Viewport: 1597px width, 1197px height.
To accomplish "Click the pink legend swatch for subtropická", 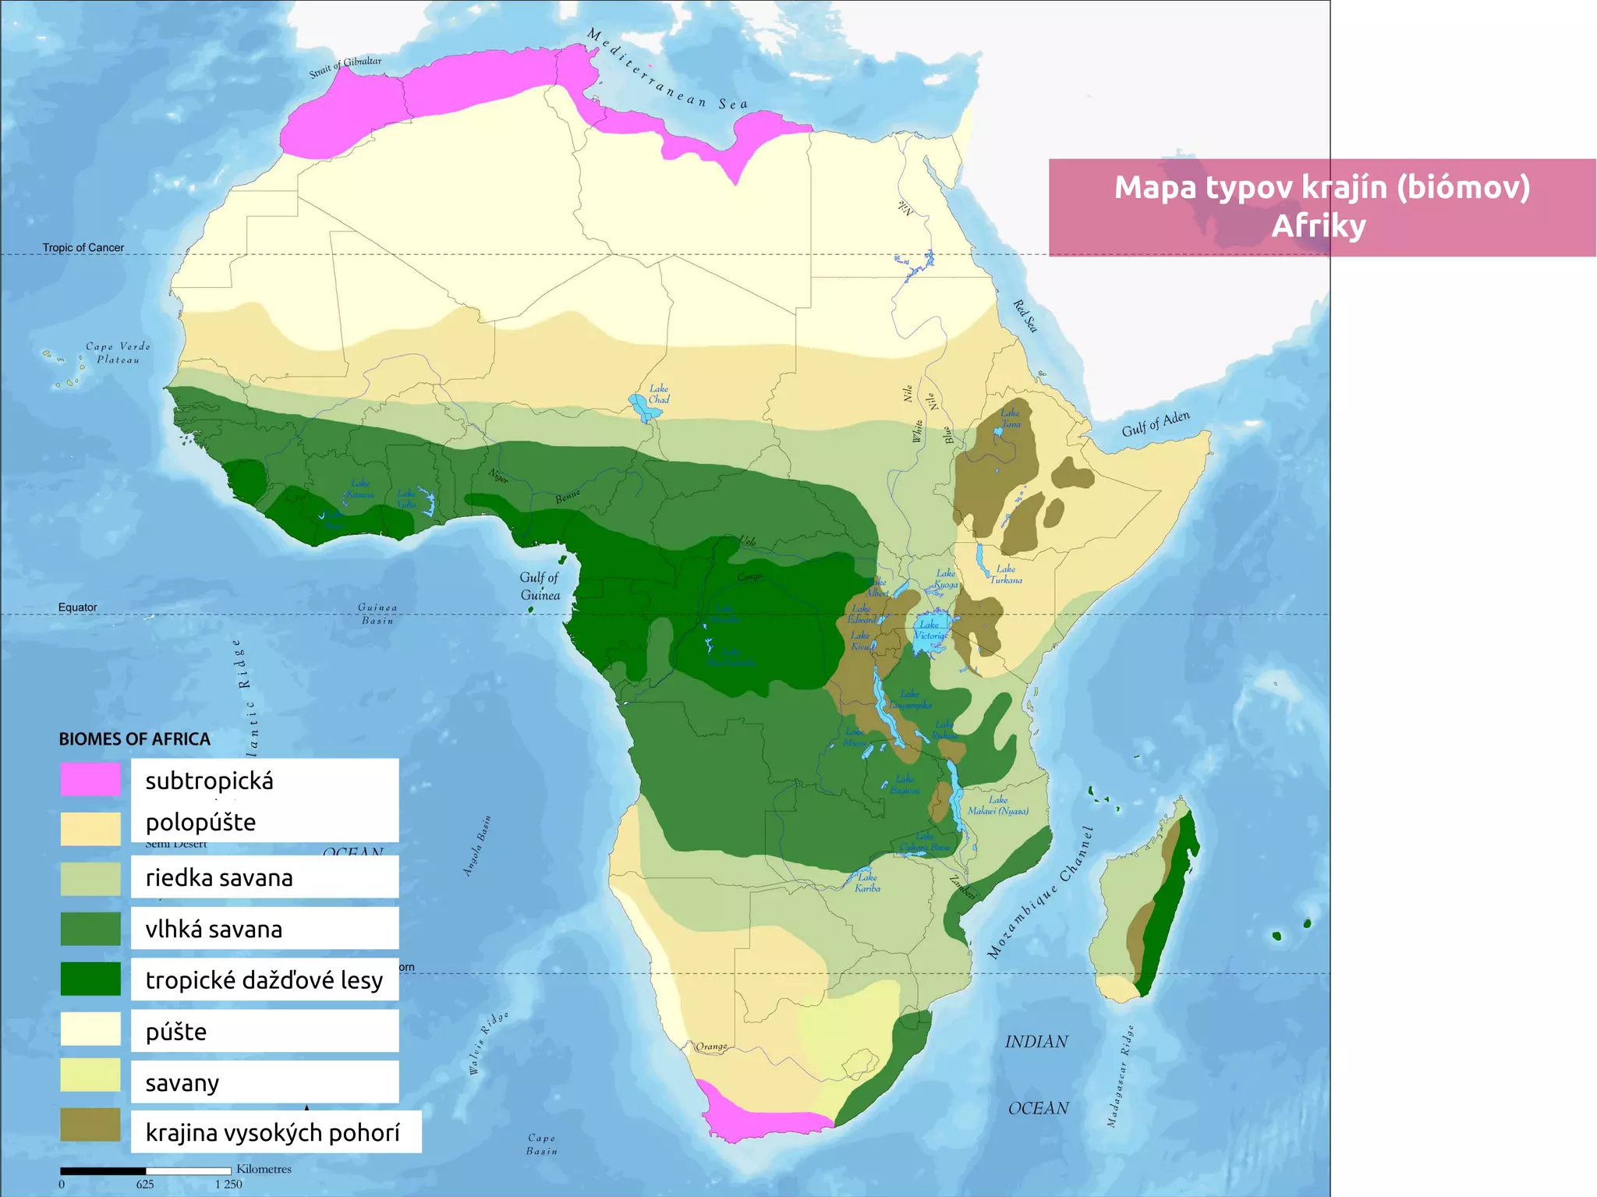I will click(90, 779).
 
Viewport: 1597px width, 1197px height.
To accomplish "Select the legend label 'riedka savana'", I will click(219, 878).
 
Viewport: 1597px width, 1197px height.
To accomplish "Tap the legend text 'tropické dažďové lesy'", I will click(264, 980).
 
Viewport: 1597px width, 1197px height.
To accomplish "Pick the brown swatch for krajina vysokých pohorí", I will click(90, 1125).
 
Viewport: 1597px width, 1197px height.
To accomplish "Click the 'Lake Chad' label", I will click(659, 394).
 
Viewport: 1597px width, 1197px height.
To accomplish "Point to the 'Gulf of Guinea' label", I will click(540, 586).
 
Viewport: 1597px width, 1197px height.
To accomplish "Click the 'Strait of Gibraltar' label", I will click(345, 67).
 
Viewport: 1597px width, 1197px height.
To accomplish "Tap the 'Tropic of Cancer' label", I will click(83, 248).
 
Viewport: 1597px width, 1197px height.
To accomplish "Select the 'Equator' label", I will click(77, 607).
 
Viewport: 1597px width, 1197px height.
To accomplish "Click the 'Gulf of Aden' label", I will click(1156, 423).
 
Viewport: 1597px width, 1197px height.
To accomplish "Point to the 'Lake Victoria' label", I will click(930, 629).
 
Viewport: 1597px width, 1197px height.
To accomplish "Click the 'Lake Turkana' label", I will click(1006, 574).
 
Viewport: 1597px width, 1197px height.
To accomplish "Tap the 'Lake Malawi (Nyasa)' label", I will click(997, 806).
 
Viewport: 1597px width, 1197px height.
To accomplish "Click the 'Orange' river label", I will click(711, 1046).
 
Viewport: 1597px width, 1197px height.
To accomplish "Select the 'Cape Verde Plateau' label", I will click(118, 353).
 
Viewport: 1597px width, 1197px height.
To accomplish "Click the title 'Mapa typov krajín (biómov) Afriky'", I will click(1321, 207).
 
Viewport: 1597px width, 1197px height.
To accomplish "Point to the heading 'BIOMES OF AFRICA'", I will click(134, 739).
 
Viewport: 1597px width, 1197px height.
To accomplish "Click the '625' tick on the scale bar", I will click(145, 1184).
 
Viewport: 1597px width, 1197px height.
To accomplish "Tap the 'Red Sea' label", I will click(1025, 316).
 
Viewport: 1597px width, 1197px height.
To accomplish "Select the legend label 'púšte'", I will click(176, 1032).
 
